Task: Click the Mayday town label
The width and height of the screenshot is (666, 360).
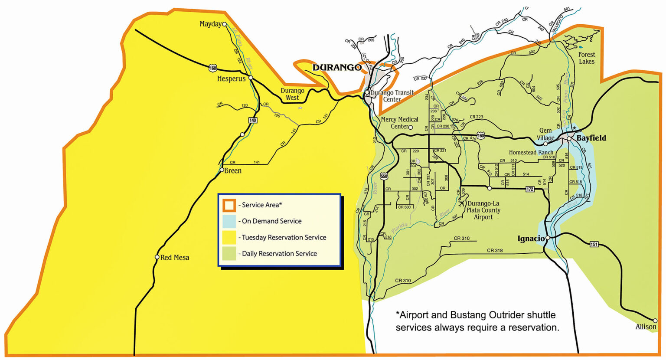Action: pyautogui.click(x=210, y=24)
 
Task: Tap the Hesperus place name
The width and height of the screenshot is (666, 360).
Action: pyautogui.click(x=231, y=79)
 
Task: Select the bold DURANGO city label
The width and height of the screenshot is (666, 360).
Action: pyautogui.click(x=337, y=68)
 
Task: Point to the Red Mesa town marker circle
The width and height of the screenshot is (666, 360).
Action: pyautogui.click(x=157, y=257)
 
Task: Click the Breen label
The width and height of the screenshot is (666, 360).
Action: pyautogui.click(x=233, y=171)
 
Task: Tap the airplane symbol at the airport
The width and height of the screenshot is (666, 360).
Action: pyautogui.click(x=462, y=202)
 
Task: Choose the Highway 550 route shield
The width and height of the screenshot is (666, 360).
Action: pyautogui.click(x=384, y=177)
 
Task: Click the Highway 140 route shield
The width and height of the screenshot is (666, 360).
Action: pyautogui.click(x=253, y=120)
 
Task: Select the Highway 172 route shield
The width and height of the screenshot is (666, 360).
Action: pyautogui.click(x=529, y=189)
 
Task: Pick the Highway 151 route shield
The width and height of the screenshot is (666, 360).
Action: pyautogui.click(x=594, y=245)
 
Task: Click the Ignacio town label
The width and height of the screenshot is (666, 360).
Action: pyautogui.click(x=531, y=239)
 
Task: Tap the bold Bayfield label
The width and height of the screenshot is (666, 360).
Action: pyautogui.click(x=591, y=138)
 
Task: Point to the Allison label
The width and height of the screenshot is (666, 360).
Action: pyautogui.click(x=646, y=327)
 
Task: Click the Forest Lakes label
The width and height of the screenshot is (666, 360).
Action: pyautogui.click(x=587, y=58)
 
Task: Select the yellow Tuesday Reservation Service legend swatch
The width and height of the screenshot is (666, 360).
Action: pyautogui.click(x=229, y=238)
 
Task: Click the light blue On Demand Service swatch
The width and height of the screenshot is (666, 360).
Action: pyautogui.click(x=229, y=221)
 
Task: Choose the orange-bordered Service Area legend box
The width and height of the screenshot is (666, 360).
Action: pyautogui.click(x=229, y=205)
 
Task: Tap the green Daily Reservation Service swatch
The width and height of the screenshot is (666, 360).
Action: pyautogui.click(x=229, y=254)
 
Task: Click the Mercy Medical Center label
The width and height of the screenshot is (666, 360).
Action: pyautogui.click(x=399, y=123)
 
